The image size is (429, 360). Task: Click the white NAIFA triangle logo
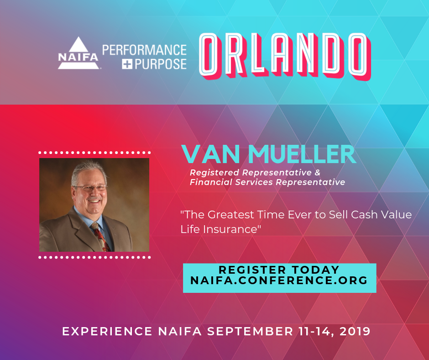click(x=78, y=53)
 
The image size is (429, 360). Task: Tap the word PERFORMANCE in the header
click(x=144, y=50)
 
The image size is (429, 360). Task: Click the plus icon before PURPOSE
click(x=127, y=64)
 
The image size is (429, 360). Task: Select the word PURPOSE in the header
click(x=161, y=64)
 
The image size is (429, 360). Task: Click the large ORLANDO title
click(x=284, y=56)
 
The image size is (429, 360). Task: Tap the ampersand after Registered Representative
click(x=317, y=173)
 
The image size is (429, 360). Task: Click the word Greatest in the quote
click(x=230, y=215)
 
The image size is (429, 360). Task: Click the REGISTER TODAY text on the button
click(x=279, y=270)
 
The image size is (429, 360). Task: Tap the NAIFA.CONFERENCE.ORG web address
click(x=279, y=280)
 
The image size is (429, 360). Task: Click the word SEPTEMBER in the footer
click(x=250, y=331)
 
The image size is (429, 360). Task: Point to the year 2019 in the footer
click(x=355, y=331)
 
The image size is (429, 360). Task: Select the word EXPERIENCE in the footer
click(x=107, y=331)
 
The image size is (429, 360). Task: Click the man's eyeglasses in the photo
click(x=90, y=188)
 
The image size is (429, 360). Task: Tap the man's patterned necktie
click(x=101, y=237)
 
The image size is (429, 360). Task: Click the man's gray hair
click(x=88, y=170)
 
